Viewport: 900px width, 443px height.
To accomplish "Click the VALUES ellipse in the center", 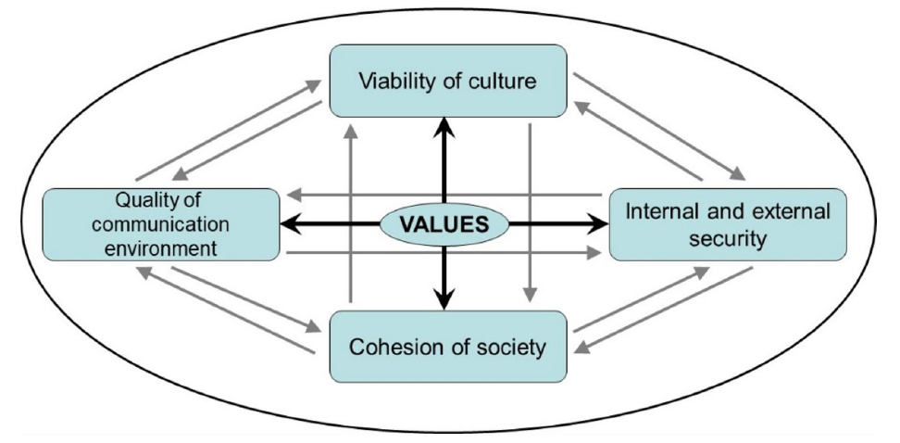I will pyautogui.click(x=444, y=223).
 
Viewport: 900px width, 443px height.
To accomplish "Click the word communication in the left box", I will pyautogui.click(x=160, y=224).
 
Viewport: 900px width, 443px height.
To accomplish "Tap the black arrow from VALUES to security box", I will pyautogui.click(x=556, y=223).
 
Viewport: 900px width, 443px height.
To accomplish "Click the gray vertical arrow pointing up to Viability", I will pyautogui.click(x=351, y=213).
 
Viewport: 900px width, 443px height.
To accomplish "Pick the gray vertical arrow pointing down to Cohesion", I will pyautogui.click(x=530, y=213).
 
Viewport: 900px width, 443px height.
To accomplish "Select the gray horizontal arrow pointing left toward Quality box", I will pyautogui.click(x=444, y=196).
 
